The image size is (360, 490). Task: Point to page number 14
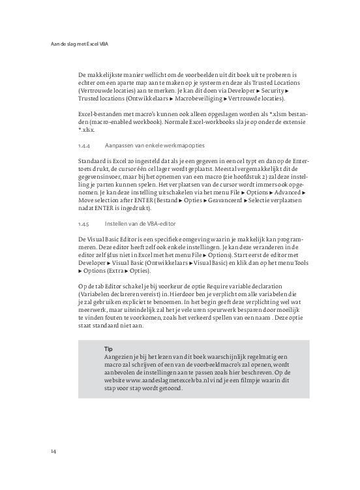pos(53,451)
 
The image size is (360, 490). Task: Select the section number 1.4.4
pos(83,146)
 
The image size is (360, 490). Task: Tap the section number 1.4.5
pos(83,223)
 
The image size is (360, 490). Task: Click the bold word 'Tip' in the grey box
pos(108,349)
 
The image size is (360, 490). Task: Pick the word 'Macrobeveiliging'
pos(200,99)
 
